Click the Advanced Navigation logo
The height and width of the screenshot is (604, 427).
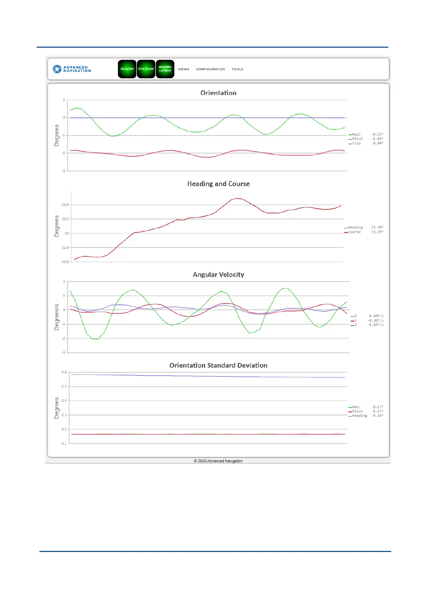(72, 69)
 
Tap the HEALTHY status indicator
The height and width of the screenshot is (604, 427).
(127, 69)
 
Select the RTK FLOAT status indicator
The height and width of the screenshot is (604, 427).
(146, 69)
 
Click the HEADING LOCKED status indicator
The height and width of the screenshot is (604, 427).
(165, 69)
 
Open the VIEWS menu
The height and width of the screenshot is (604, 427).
(184, 69)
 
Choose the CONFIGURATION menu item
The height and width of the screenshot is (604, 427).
(210, 69)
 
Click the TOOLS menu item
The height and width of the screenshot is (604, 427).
(237, 69)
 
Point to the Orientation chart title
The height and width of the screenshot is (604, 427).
(218, 93)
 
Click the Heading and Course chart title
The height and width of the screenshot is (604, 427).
(218, 184)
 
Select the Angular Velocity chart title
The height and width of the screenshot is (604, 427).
(218, 274)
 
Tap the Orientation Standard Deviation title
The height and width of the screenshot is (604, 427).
(218, 365)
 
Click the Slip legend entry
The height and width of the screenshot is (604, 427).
(356, 143)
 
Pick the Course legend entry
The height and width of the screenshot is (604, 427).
(354, 232)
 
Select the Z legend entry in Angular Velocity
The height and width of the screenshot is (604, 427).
(355, 325)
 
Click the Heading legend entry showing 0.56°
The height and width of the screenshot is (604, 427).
(359, 416)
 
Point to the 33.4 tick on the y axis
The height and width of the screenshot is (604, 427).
(65, 205)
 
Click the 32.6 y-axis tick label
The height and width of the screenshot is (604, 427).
(65, 261)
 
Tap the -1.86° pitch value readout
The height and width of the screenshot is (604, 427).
(377, 139)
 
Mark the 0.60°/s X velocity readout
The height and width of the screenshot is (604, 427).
(376, 316)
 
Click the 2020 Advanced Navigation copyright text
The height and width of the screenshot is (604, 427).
(218, 461)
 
